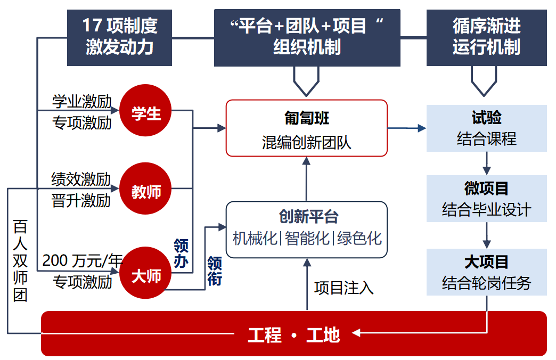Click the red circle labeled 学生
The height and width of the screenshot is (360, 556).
click(x=146, y=113)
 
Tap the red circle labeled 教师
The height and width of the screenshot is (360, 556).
click(x=146, y=191)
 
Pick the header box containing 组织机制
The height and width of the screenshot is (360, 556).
click(x=307, y=37)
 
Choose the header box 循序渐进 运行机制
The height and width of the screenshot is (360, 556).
click(x=486, y=37)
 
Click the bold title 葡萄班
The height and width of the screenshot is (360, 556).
click(x=307, y=118)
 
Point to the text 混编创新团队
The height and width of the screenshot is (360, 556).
click(x=307, y=142)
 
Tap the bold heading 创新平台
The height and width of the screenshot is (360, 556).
click(x=307, y=217)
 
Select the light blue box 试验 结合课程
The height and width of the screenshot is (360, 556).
click(x=486, y=128)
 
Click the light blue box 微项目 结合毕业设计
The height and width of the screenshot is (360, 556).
click(x=486, y=199)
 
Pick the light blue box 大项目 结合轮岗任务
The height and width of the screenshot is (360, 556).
click(x=486, y=272)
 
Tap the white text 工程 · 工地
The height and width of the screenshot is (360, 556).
click(x=293, y=334)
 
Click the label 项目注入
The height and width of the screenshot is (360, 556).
click(x=344, y=288)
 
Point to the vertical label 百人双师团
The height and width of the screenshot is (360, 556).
click(x=20, y=261)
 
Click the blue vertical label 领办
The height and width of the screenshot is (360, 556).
click(x=181, y=252)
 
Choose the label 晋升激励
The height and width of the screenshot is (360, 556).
click(x=81, y=201)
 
